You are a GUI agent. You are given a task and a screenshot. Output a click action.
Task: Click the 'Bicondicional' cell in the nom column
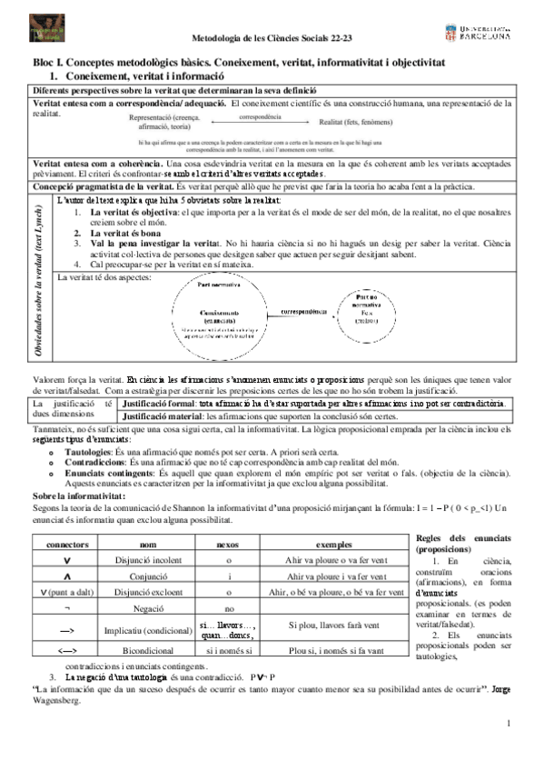point(142,650)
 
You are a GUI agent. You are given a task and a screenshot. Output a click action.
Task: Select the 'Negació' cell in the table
point(142,608)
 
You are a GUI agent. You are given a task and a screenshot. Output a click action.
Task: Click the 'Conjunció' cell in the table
point(142,576)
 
